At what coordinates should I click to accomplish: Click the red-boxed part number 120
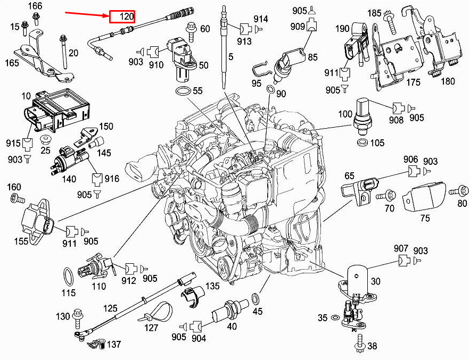[127, 16]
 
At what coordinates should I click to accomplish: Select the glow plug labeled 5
[224, 47]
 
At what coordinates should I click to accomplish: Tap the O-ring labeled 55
[183, 91]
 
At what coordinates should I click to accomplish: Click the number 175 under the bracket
[413, 82]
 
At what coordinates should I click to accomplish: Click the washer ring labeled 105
[364, 143]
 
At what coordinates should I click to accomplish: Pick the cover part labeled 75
[424, 196]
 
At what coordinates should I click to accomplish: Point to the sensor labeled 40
[230, 312]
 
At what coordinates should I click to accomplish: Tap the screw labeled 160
[18, 198]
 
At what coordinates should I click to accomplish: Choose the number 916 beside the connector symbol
[112, 179]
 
